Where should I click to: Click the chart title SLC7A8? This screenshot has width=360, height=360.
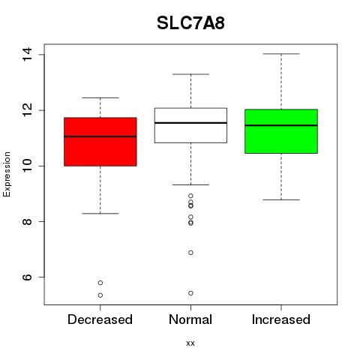point(190,23)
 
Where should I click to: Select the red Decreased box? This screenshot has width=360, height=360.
point(100,142)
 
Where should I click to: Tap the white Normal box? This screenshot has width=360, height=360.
point(190,125)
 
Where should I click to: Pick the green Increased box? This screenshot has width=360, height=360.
point(281,131)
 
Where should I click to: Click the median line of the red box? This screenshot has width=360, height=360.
point(100,136)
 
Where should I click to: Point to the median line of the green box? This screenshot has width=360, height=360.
point(281,125)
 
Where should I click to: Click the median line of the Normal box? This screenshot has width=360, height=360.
point(190,123)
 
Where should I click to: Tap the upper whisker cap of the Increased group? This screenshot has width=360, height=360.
point(281,54)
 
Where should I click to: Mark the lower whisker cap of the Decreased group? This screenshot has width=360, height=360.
point(100,214)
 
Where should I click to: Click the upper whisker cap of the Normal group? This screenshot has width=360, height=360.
point(190,74)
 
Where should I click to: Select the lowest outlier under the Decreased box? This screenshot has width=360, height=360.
point(100,295)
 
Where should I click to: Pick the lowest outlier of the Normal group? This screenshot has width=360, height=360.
point(190,293)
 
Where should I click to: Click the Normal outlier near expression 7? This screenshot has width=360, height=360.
point(190,253)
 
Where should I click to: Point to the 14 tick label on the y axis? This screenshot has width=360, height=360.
point(27,54)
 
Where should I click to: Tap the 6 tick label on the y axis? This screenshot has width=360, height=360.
point(27,277)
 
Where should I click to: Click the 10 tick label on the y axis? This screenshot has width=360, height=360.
point(27,166)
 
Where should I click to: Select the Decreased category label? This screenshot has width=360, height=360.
point(100,319)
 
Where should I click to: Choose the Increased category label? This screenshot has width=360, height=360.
point(281,319)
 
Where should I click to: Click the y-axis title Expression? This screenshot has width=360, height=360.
point(7,174)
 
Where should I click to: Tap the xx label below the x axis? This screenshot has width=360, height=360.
point(190,343)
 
